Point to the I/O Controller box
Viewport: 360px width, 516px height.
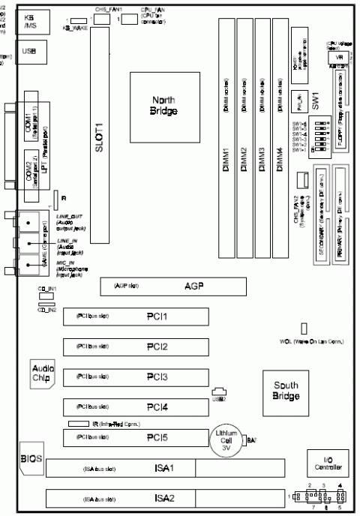[x=329, y=467]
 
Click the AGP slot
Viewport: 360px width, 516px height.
[x=192, y=286]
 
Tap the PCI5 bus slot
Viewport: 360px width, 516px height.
[x=139, y=436]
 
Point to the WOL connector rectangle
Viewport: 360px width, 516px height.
[x=305, y=329]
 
